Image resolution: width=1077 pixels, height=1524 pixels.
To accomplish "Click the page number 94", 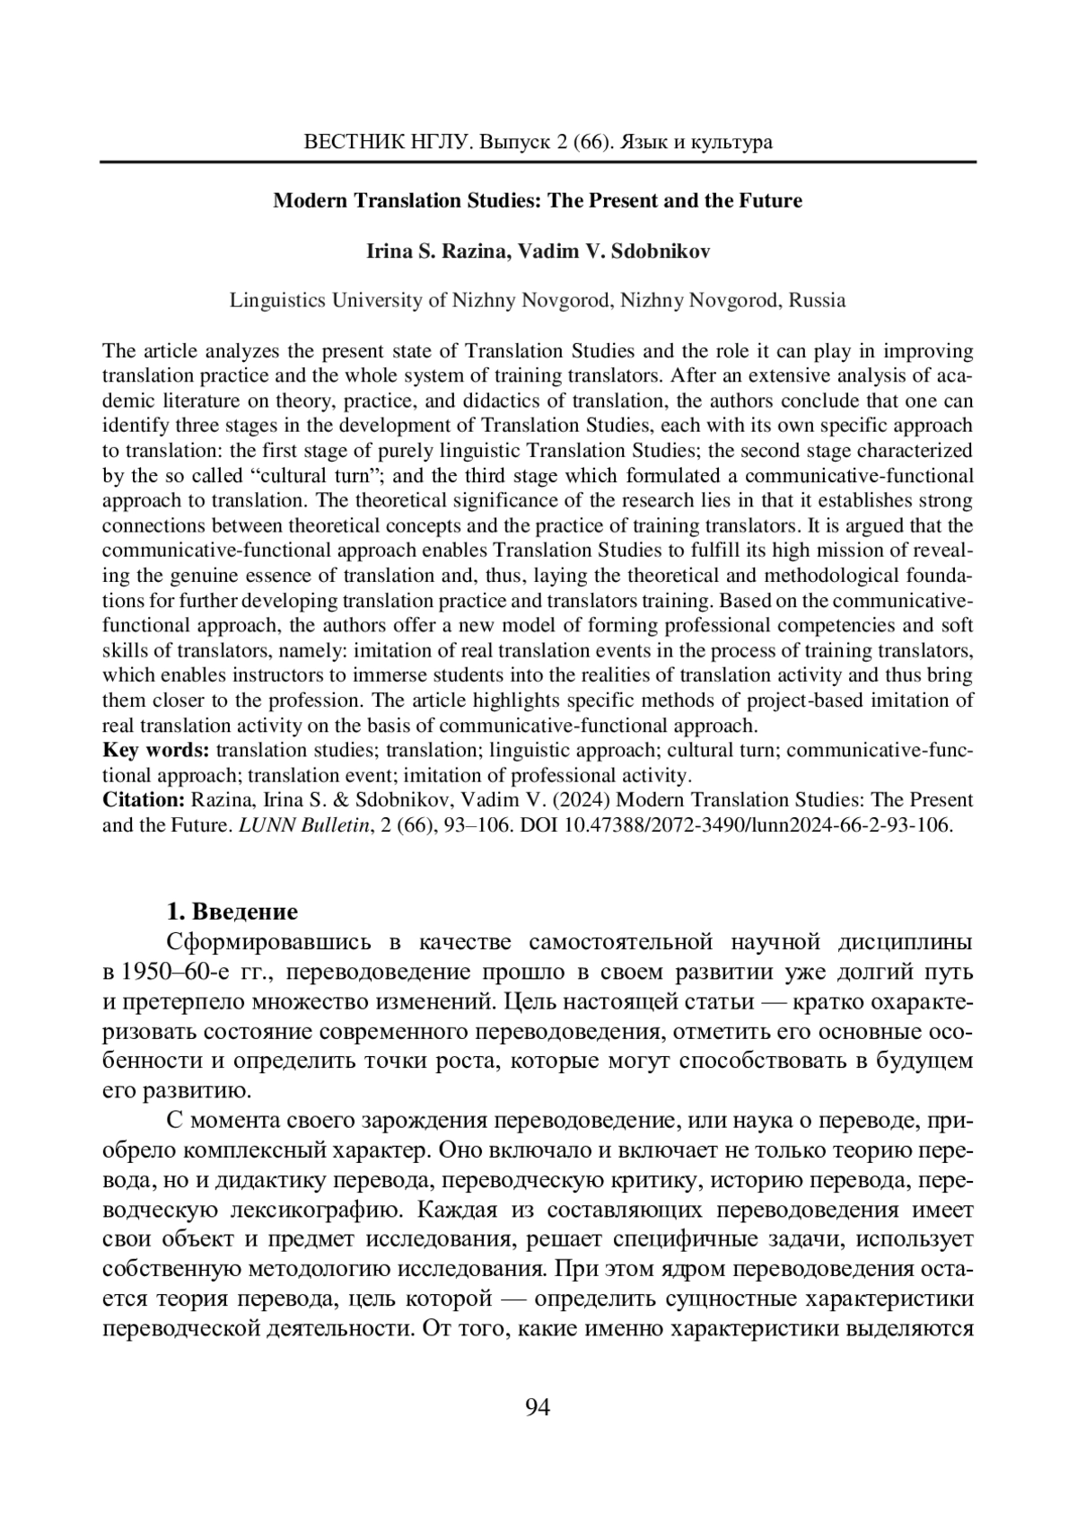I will [537, 1407].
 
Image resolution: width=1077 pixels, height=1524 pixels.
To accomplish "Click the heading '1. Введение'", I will [232, 912].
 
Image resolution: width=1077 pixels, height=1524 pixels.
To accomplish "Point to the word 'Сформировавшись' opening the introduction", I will [269, 942].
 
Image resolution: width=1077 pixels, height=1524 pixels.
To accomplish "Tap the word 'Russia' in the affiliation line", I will [818, 300].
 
